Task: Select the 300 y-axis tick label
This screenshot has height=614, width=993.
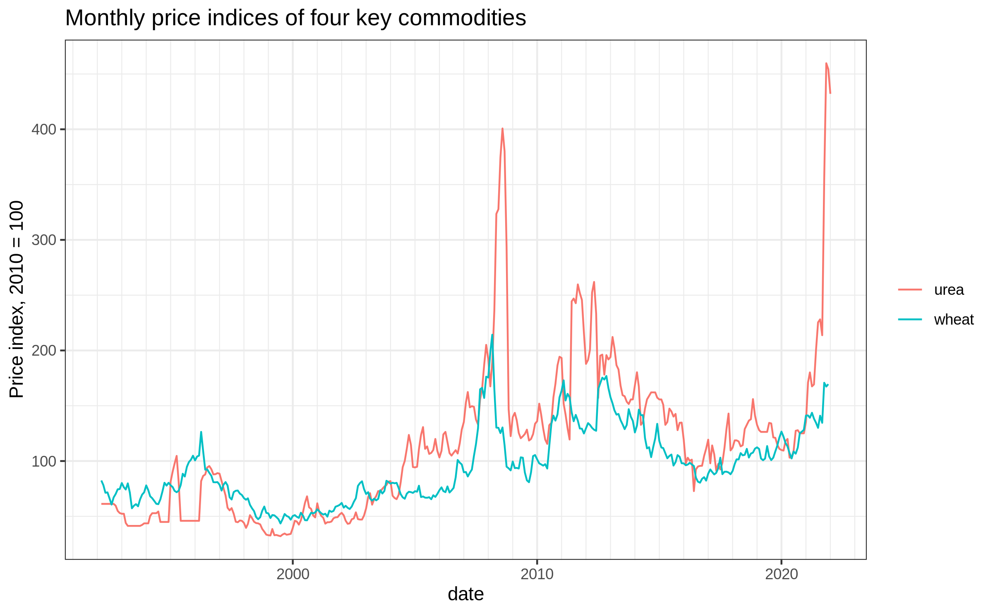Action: click(44, 240)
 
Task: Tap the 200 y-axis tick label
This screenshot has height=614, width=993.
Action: click(44, 351)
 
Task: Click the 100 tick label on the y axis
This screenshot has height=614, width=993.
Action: click(44, 461)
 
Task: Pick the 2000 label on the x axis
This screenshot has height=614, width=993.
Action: click(293, 574)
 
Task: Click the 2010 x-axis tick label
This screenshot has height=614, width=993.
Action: click(537, 574)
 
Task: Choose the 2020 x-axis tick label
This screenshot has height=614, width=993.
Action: click(782, 574)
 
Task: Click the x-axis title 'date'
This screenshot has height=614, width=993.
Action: click(466, 594)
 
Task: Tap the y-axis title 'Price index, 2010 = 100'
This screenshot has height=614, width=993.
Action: click(17, 299)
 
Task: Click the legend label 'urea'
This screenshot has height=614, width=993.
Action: click(949, 290)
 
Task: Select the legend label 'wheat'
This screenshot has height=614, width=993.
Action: click(954, 320)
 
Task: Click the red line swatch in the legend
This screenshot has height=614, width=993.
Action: click(910, 289)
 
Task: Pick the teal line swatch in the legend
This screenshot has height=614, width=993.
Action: click(910, 319)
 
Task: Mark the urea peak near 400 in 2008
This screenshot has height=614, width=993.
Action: click(502, 128)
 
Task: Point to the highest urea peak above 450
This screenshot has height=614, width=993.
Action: click(826, 63)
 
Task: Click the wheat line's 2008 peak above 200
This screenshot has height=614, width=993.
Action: click(492, 335)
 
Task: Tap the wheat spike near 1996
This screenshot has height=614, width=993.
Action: click(201, 432)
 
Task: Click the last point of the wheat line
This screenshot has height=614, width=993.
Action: click(828, 385)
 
